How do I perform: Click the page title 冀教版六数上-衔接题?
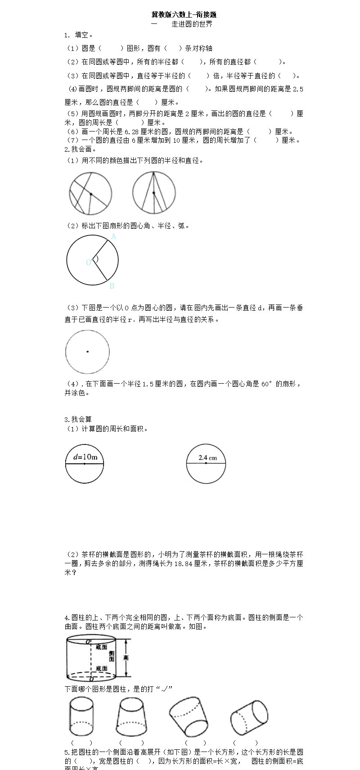[184, 15]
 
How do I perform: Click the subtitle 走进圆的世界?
[192, 24]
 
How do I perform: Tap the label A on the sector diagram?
[113, 236]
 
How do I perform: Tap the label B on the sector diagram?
[112, 285]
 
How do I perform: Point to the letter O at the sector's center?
[89, 263]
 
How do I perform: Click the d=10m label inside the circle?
[85, 457]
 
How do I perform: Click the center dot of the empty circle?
[87, 352]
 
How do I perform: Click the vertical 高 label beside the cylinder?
[126, 658]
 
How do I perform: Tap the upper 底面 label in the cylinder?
[101, 647]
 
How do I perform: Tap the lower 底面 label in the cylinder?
[101, 668]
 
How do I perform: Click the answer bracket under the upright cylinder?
[81, 743]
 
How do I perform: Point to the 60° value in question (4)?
[267, 384]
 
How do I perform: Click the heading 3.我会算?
[78, 419]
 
